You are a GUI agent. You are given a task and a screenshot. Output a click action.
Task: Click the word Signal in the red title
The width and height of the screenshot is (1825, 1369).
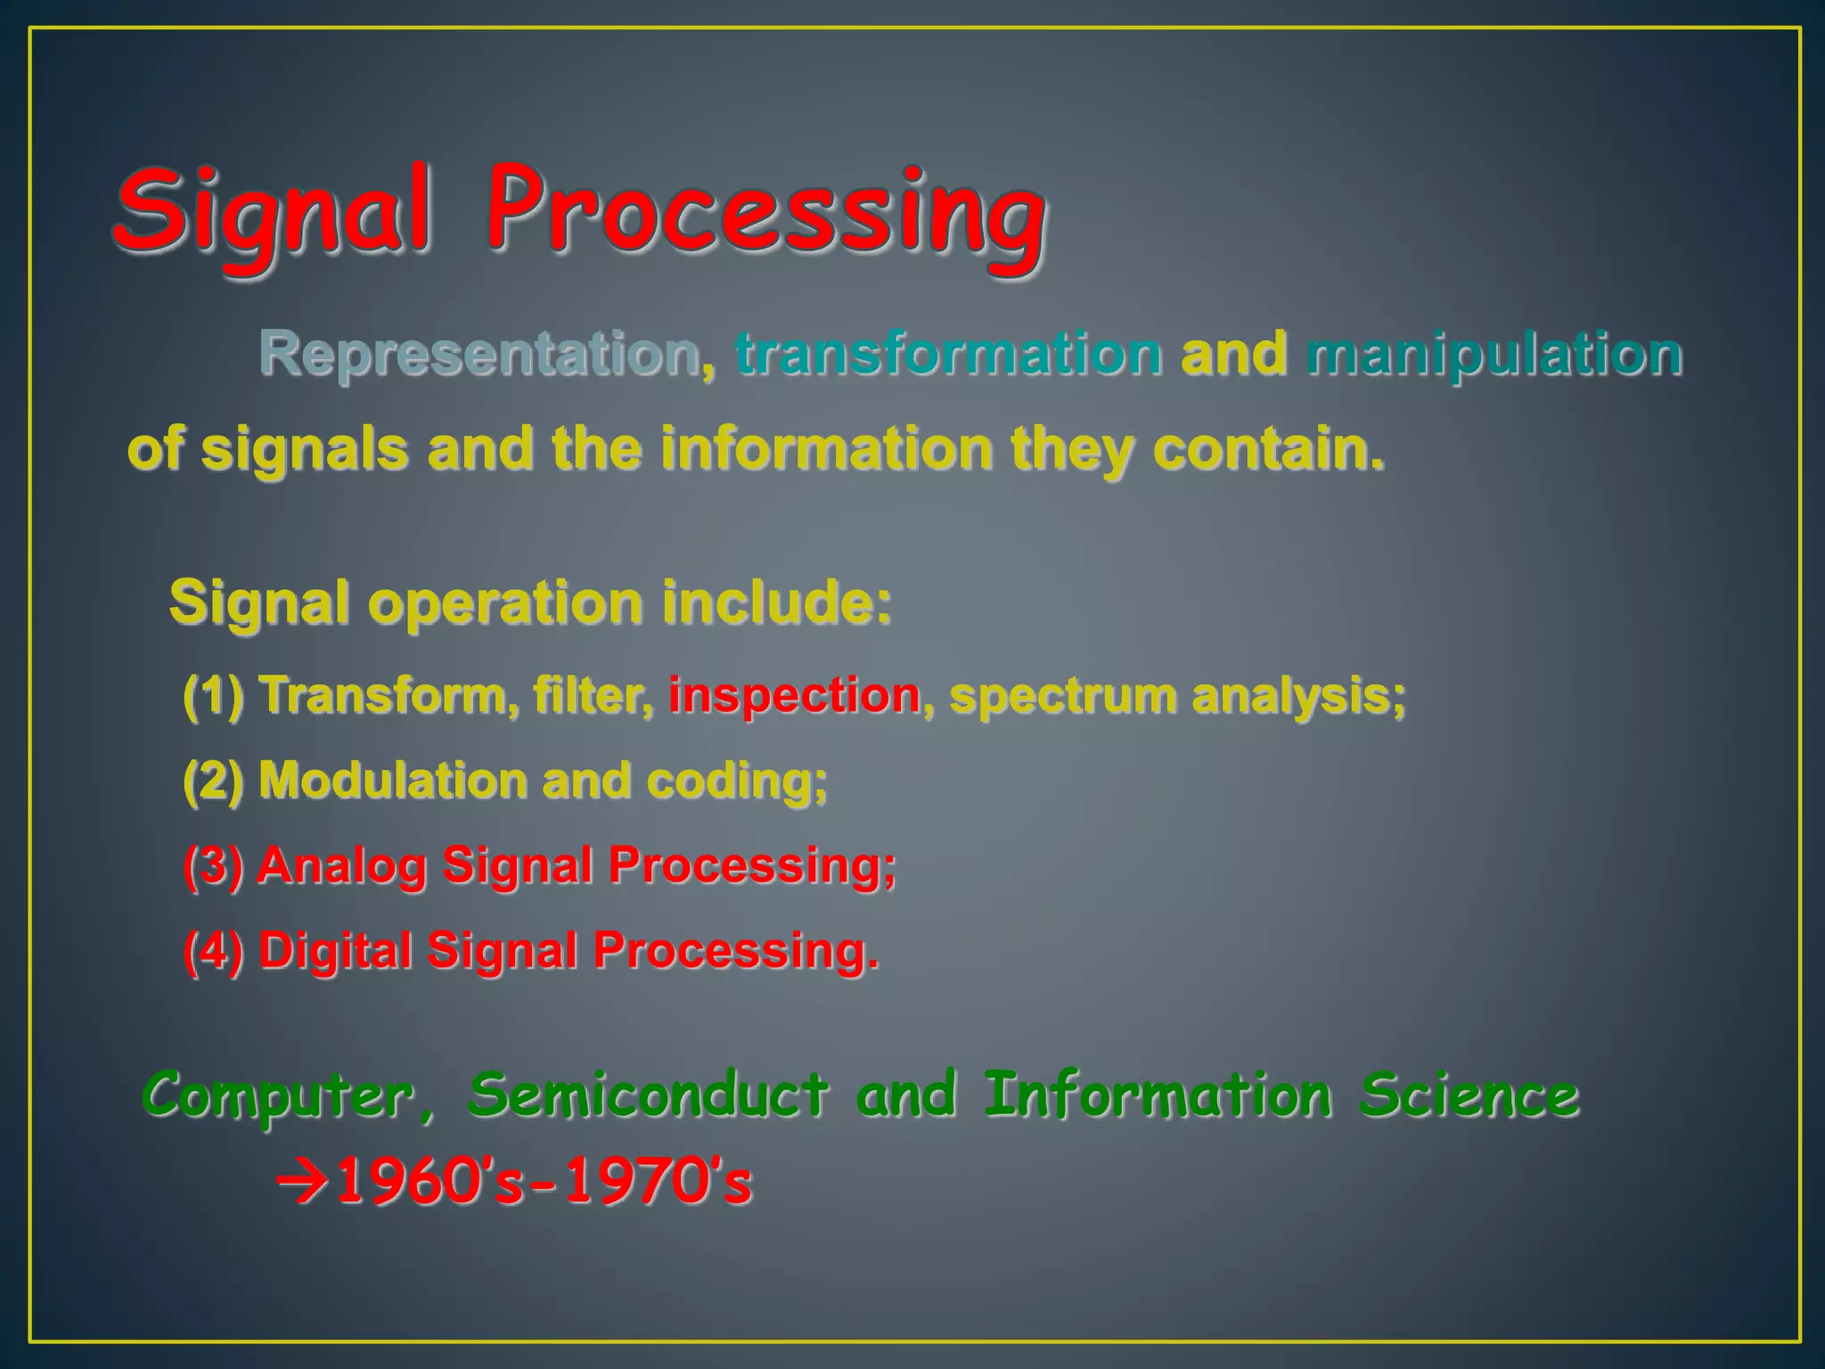point(272,214)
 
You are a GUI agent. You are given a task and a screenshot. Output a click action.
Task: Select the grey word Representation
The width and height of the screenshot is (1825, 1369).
point(479,353)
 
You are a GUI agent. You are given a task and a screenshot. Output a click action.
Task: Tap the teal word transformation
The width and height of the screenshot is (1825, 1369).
point(948,353)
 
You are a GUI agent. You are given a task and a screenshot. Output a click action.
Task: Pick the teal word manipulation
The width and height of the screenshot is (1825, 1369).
point(1494,353)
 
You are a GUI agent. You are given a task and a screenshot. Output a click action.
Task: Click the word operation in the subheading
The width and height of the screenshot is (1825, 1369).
point(505,603)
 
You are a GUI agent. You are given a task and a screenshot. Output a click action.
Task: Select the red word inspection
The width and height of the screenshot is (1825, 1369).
point(794,695)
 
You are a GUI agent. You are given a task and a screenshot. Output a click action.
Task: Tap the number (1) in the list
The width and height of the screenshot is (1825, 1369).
point(213,695)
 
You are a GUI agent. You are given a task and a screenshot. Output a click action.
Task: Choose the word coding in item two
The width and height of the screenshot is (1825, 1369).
point(736,781)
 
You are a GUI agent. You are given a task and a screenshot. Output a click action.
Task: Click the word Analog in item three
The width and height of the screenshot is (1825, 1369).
point(341,865)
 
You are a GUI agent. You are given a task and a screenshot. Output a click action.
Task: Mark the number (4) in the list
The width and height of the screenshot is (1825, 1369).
point(213,950)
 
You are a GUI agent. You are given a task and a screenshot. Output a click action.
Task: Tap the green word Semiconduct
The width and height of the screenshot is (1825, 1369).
point(648,1095)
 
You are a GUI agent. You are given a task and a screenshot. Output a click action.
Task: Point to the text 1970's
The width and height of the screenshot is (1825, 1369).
point(660,1183)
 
